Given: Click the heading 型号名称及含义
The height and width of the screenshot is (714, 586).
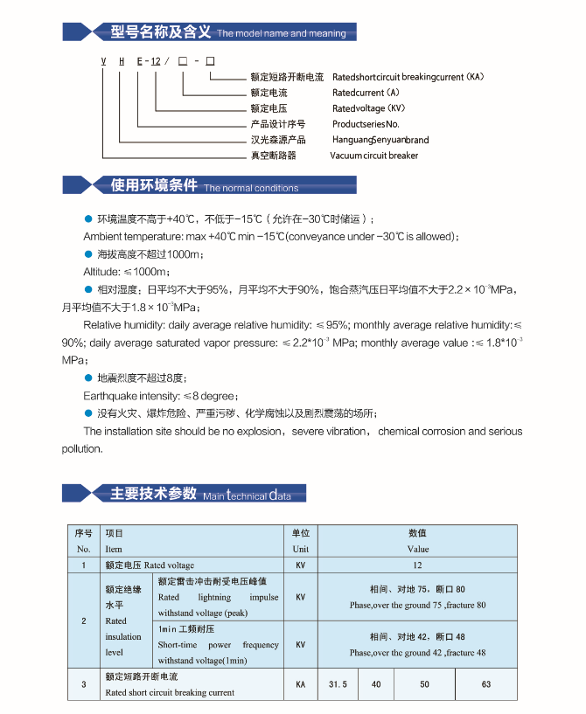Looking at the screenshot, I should tap(161, 32).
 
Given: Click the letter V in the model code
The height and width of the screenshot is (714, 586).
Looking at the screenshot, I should tap(103, 60).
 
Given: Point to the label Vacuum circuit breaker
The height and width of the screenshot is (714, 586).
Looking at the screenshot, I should tap(373, 156).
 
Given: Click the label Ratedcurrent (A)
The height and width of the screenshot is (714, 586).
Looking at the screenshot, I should tap(366, 93).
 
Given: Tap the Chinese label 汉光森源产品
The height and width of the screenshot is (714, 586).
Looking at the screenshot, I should tap(277, 140).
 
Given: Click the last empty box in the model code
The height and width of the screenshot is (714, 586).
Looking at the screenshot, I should tap(209, 60).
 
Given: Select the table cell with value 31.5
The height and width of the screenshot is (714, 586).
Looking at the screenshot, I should tap(338, 684).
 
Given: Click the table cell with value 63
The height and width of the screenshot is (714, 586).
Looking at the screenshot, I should tap(486, 684).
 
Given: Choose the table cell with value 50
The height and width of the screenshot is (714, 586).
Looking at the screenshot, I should tap(424, 684).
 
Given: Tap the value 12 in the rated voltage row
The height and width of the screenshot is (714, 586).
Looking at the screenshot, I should tap(417, 565).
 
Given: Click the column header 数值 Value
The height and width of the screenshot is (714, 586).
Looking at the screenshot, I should tap(417, 540).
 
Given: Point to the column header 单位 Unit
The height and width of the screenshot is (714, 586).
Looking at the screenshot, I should tap(300, 540).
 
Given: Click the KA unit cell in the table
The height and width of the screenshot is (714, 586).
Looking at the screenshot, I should tap(300, 684).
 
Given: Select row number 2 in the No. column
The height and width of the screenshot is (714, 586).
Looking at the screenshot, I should tap(83, 621).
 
